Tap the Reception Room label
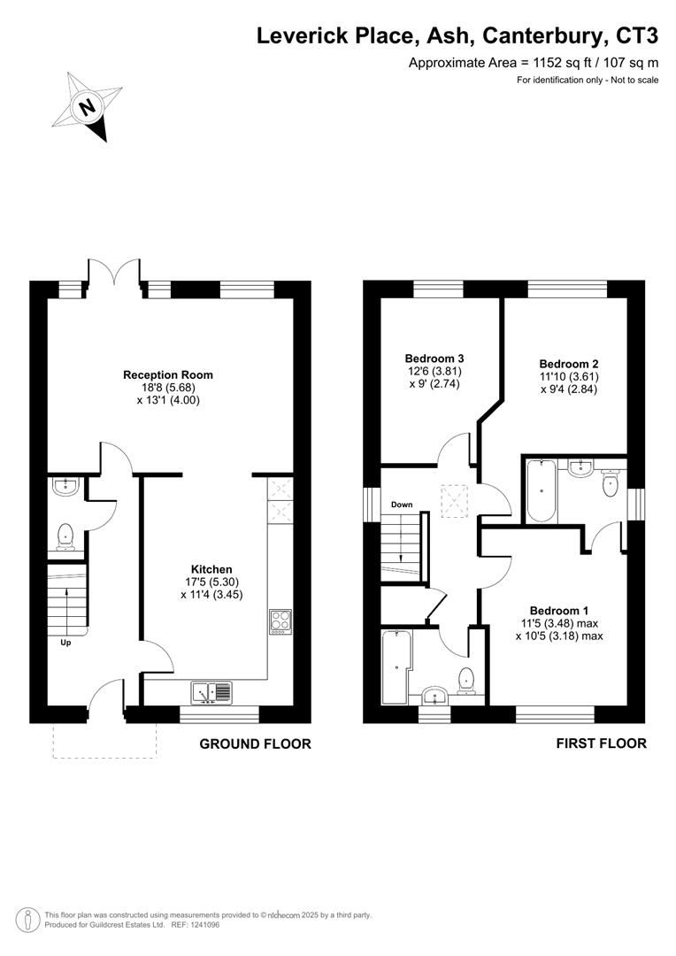tap(168, 375)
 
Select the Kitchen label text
tap(212, 569)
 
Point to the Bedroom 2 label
tap(569, 364)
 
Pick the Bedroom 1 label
tap(559, 611)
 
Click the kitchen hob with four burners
tap(280, 621)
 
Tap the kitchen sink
tap(212, 690)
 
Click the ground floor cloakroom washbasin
tap(64, 484)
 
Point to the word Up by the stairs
tap(65, 643)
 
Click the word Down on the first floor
tap(402, 505)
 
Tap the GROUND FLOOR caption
tap(255, 744)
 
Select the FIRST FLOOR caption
tap(601, 744)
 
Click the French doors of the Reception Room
tap(113, 274)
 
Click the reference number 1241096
tap(201, 925)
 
